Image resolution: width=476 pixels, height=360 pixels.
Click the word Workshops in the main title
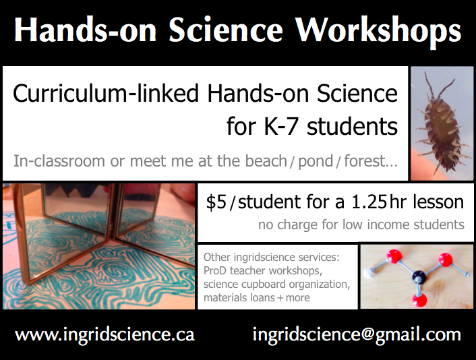(x=378, y=31)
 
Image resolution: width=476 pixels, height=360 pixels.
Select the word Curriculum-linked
(x=106, y=94)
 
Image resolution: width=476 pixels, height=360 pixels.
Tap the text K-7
(x=280, y=126)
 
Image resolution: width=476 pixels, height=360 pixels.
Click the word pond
(x=316, y=162)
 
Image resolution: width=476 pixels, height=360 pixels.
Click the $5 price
(x=216, y=202)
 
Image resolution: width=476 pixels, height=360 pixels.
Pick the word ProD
(x=215, y=270)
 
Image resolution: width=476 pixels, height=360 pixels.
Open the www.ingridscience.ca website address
(x=105, y=335)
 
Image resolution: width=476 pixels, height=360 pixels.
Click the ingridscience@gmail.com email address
(x=357, y=335)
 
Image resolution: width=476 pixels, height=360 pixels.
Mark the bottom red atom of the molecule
(x=419, y=300)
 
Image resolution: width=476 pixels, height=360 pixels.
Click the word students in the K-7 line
(x=352, y=126)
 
